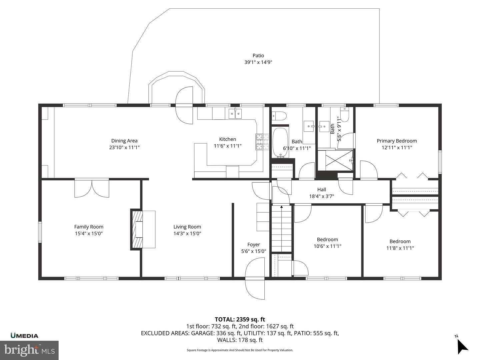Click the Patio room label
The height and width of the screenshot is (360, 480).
tap(258, 56)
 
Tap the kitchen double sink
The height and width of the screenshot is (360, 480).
tap(235, 113)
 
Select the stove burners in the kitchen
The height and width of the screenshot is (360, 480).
tap(262, 142)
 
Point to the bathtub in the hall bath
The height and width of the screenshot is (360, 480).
tap(280, 143)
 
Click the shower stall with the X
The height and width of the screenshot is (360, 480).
tap(335, 160)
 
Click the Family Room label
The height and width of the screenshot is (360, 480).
tap(89, 227)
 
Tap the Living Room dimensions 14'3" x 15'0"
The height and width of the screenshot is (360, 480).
tap(187, 233)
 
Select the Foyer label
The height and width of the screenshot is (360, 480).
tap(254, 245)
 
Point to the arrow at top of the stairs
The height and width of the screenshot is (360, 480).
tap(281, 207)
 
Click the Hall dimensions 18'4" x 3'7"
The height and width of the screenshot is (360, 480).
tap(321, 196)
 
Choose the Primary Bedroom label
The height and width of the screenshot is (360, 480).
tap(397, 141)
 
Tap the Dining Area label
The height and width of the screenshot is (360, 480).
tap(124, 141)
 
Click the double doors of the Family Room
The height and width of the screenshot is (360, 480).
tap(92, 188)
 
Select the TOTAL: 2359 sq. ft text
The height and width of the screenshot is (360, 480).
tap(240, 320)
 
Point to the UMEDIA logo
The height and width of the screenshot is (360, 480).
tap(24, 336)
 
